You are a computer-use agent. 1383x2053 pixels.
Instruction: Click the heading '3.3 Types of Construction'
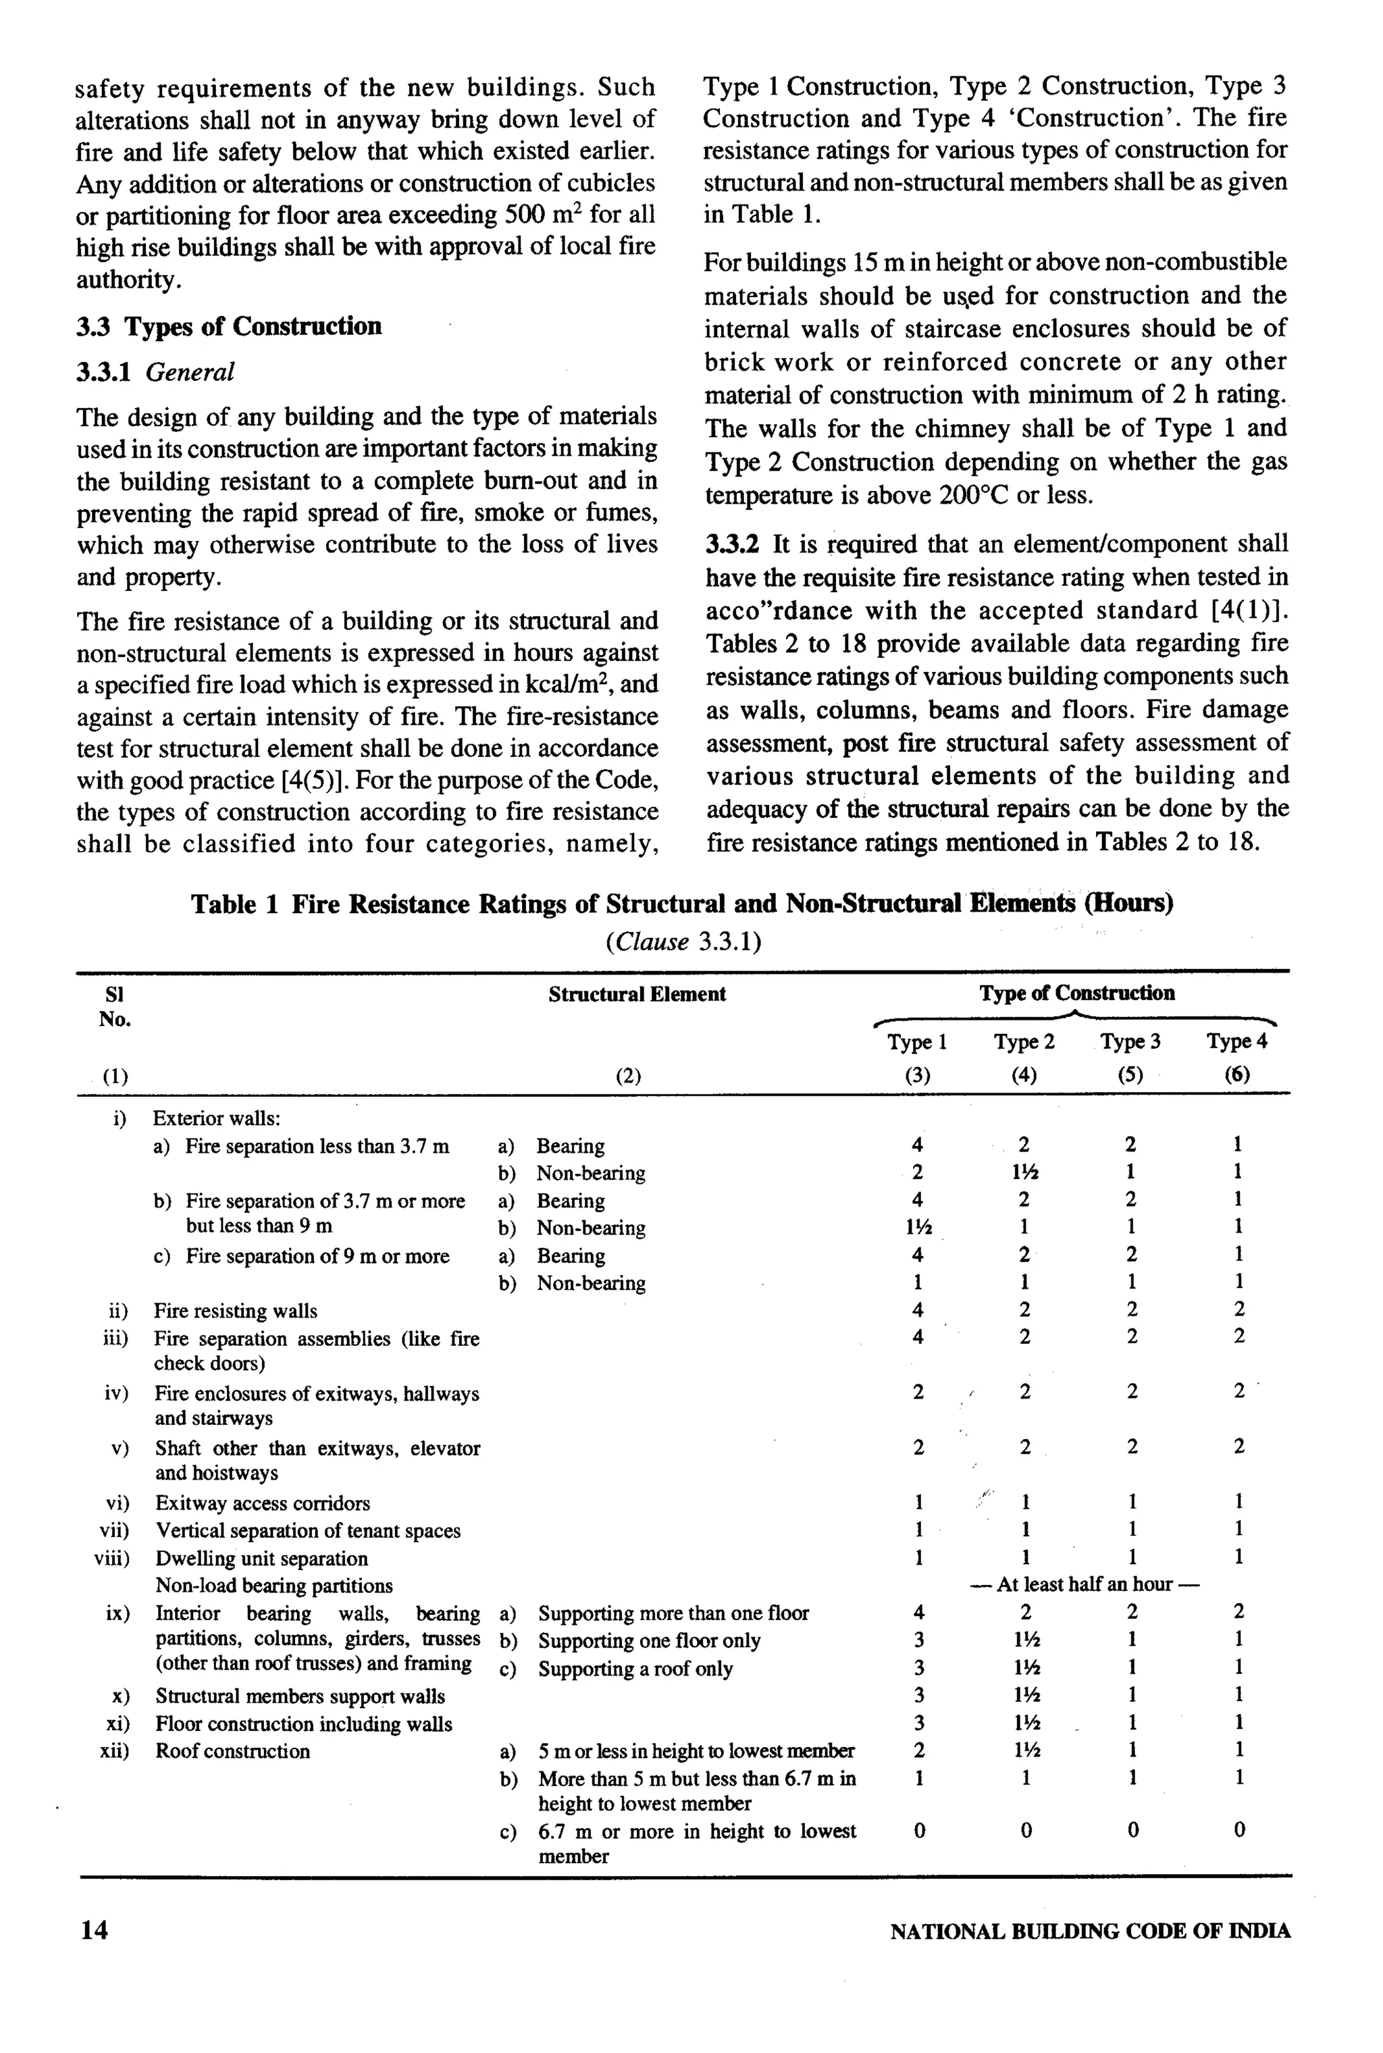[x=228, y=326]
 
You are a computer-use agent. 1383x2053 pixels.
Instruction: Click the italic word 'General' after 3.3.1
[x=190, y=372]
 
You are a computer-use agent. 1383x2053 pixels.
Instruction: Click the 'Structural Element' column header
[x=637, y=994]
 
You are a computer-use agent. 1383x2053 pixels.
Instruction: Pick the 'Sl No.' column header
[x=115, y=1006]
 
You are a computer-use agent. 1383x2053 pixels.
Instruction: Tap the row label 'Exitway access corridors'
[x=262, y=1503]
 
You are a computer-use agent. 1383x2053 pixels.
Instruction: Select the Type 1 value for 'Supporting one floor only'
[x=918, y=1640]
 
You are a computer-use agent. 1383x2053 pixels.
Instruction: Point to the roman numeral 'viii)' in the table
[x=112, y=1558]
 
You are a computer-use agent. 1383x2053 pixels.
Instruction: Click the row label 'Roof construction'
[x=233, y=1750]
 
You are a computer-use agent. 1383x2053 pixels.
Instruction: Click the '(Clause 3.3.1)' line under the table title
[x=683, y=942]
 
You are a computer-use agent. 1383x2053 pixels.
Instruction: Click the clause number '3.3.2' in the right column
[x=731, y=544]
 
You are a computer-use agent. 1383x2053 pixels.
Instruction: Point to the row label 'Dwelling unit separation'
[x=261, y=1558]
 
